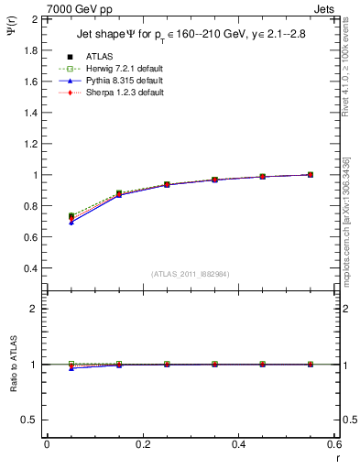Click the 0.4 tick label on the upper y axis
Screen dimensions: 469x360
28,268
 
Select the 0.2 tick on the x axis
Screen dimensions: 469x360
142,444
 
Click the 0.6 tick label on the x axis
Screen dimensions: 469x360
333,444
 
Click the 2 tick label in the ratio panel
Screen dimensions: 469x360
33,309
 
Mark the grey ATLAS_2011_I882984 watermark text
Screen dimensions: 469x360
190,274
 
